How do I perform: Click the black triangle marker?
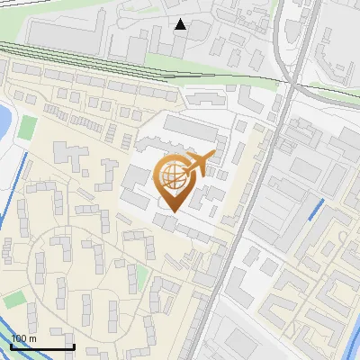181,24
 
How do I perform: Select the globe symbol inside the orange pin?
173,176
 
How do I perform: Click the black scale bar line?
43,347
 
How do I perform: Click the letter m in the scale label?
32,339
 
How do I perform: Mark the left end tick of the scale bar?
13,346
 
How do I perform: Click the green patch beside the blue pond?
29,127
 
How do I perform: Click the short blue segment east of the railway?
315,211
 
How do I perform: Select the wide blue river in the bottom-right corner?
346,346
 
